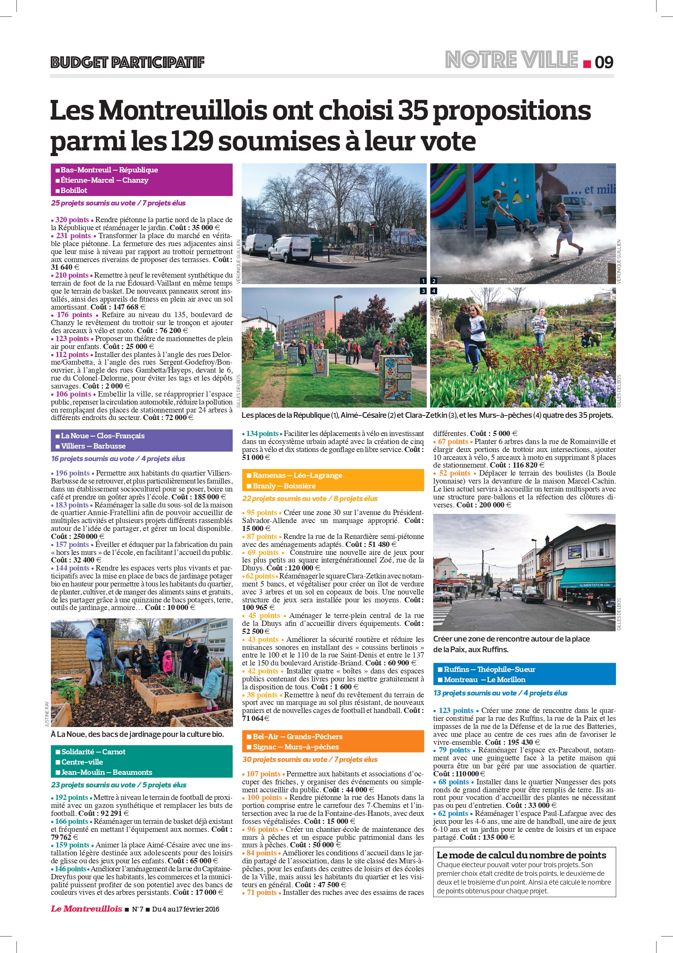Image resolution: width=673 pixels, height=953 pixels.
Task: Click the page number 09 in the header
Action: pyautogui.click(x=604, y=62)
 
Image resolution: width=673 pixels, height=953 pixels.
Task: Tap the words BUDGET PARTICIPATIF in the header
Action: pyautogui.click(x=127, y=62)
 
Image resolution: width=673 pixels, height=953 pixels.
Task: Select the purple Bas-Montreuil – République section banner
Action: pyautogui.click(x=142, y=180)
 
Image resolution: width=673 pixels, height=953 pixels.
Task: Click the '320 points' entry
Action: pyautogui.click(x=72, y=220)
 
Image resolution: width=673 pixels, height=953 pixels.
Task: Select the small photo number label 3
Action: pyautogui.click(x=423, y=291)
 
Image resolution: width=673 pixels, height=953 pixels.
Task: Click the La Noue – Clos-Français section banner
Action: pyautogui.click(x=142, y=440)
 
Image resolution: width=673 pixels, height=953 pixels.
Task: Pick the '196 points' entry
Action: pyautogui.click(x=73, y=473)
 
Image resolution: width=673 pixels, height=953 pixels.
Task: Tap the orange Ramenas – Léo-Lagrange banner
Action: pyautogui.click(x=333, y=480)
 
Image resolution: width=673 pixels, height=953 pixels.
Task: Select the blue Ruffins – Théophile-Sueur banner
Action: pyautogui.click(x=524, y=674)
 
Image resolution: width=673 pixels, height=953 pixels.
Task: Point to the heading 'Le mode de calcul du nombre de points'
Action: pyautogui.click(x=521, y=855)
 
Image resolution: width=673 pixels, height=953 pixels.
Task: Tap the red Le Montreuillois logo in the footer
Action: pyautogui.click(x=86, y=909)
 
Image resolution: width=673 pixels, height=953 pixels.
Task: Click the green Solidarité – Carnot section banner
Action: pyautogui.click(x=142, y=762)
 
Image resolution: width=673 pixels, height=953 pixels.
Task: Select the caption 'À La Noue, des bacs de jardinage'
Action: pyautogui.click(x=138, y=734)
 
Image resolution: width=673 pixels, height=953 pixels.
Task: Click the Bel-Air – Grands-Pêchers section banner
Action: pyautogui.click(x=333, y=741)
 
